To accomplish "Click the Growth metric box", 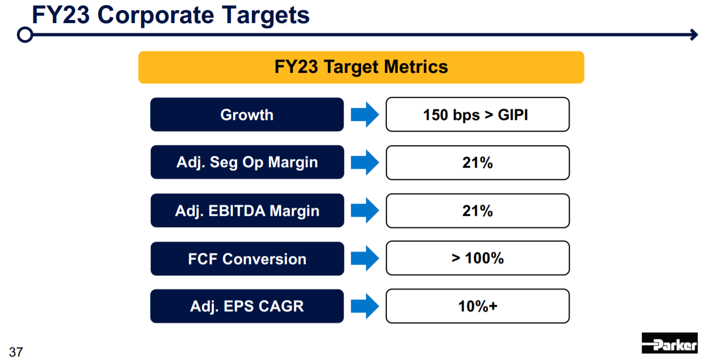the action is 247,114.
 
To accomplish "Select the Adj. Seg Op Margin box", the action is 247,162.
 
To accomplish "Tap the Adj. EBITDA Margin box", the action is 247,210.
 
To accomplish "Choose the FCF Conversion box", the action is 247,258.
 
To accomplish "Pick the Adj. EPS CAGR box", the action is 247,306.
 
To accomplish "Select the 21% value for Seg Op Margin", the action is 478,163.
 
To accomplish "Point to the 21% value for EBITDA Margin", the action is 478,211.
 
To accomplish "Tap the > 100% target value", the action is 478,258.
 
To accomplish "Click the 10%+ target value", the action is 478,306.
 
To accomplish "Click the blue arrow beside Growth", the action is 365,114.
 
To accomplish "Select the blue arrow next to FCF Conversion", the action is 365,258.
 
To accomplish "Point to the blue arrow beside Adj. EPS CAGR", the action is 365,306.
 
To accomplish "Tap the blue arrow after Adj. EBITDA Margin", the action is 365,210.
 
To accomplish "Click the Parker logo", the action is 669,343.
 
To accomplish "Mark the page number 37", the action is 16,352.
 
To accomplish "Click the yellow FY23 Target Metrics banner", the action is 361,67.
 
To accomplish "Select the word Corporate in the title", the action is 156,15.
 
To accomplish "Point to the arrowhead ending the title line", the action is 694,34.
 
